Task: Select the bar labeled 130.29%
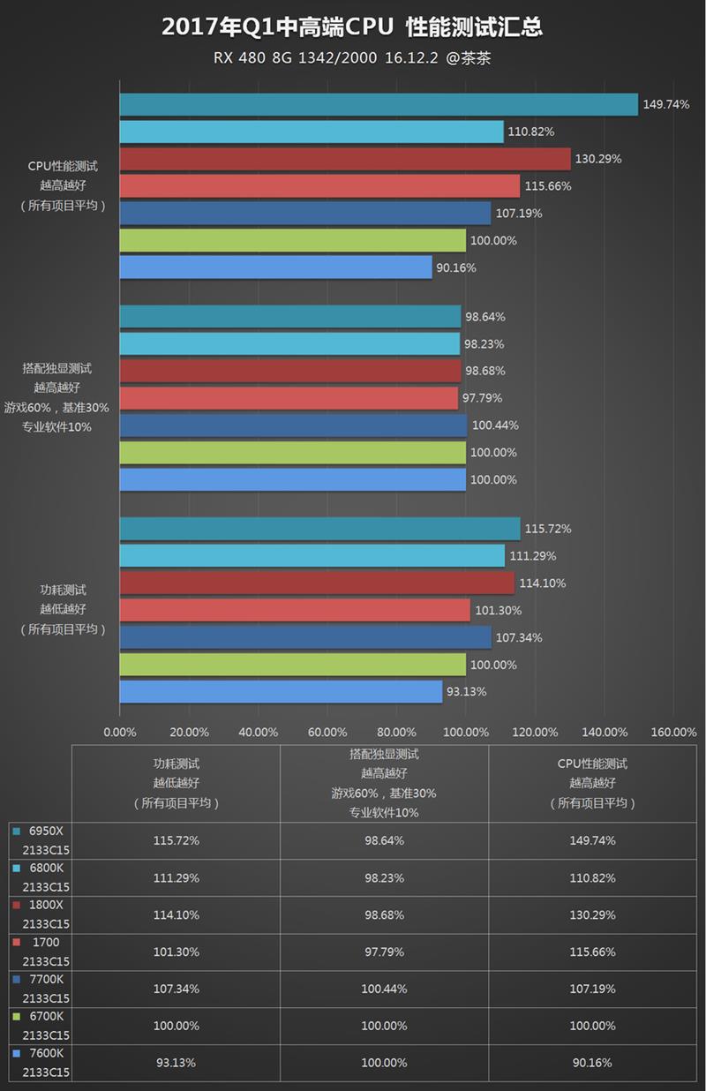344,159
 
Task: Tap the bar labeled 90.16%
275,267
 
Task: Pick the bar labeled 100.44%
293,425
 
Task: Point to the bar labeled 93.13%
281,692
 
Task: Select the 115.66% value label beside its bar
548,186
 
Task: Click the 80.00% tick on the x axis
396,732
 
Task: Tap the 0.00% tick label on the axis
120,732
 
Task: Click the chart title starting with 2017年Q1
352,28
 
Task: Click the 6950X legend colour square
17,831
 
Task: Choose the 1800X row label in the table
46,905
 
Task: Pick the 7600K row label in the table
46,1053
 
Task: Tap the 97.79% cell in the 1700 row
384,952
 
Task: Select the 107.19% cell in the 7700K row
592,989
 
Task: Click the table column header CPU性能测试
592,764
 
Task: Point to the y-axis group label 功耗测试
64,590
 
